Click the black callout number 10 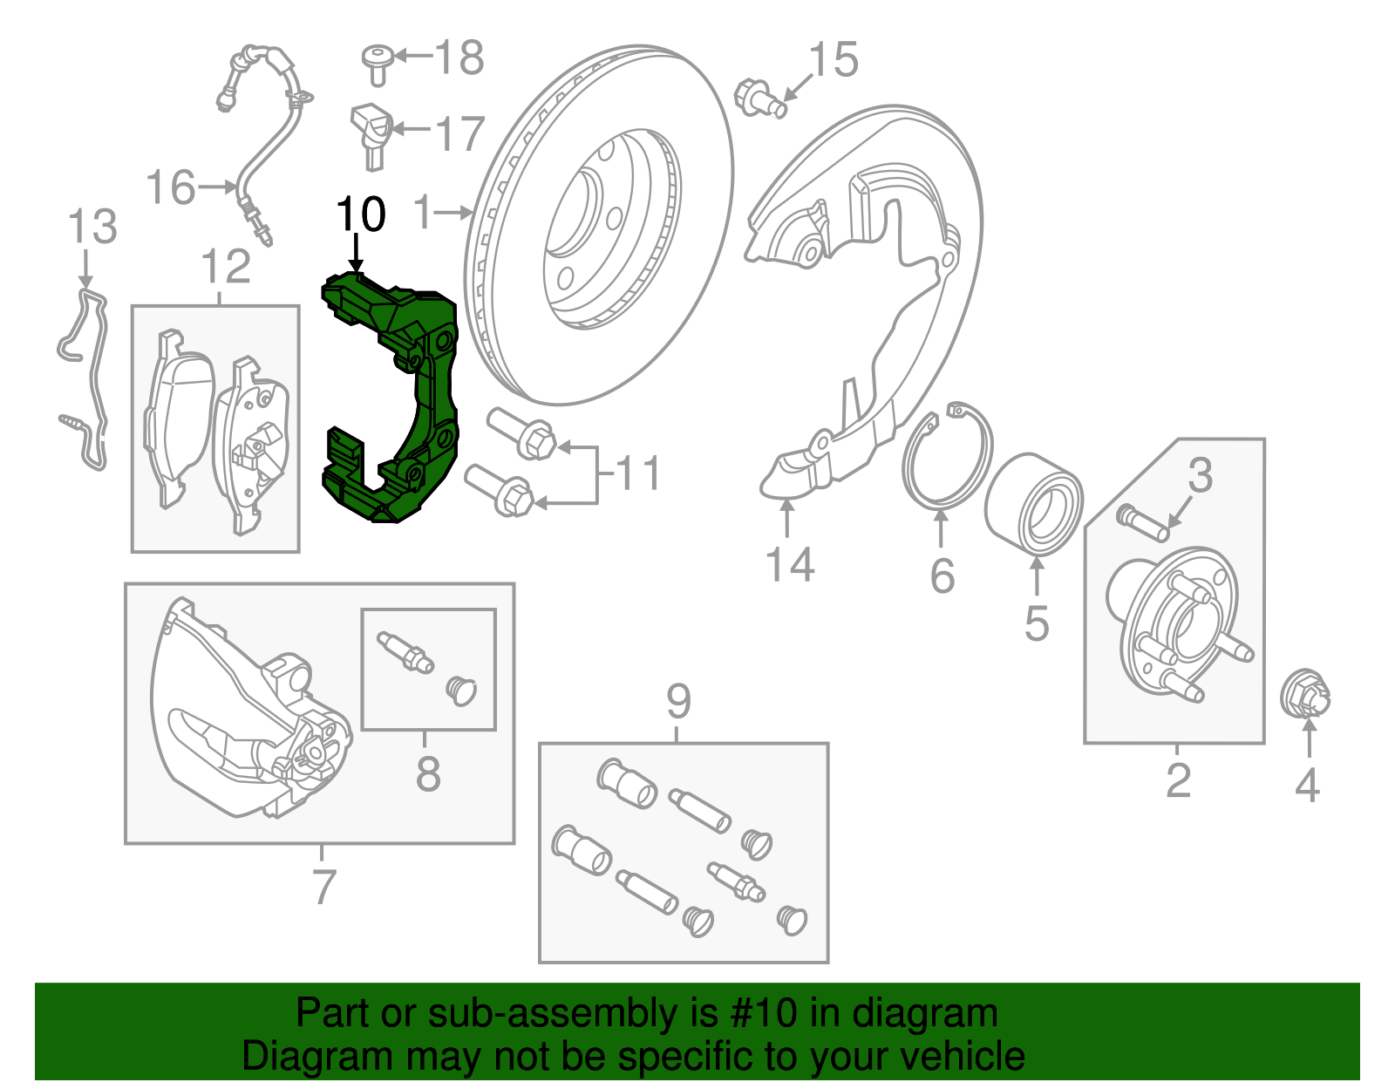tap(360, 214)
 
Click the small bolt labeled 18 tap(377, 64)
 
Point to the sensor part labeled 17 tap(370, 133)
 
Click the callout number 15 tap(833, 59)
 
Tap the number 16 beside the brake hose tap(170, 187)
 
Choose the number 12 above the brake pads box tap(225, 267)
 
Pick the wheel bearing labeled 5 tap(1033, 504)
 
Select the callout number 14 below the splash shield tap(789, 564)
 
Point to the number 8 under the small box tap(427, 773)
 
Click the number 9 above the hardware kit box tap(678, 701)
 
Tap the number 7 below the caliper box tap(323, 886)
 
